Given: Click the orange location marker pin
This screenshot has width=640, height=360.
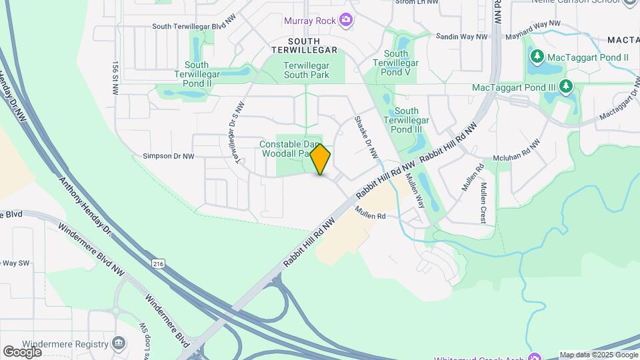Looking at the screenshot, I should (x=320, y=159).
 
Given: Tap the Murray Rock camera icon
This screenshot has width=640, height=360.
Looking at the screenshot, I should (x=345, y=20).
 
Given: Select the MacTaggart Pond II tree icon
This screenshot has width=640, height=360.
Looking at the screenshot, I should (x=536, y=58).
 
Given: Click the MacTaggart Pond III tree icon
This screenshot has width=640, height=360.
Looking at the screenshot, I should (x=566, y=87).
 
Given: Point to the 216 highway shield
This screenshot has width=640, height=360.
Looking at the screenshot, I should (x=157, y=264).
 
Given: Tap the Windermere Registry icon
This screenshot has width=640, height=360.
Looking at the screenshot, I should (x=119, y=344).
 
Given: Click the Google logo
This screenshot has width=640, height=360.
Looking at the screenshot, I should (x=23, y=351).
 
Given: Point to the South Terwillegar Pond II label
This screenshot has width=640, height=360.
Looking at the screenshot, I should (x=198, y=74).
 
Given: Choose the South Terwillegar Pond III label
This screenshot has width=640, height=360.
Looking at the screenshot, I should (x=406, y=120).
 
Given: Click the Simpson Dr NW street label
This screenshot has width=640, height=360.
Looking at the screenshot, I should (x=168, y=156).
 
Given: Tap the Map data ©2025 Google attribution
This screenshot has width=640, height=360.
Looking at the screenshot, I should (x=598, y=355).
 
